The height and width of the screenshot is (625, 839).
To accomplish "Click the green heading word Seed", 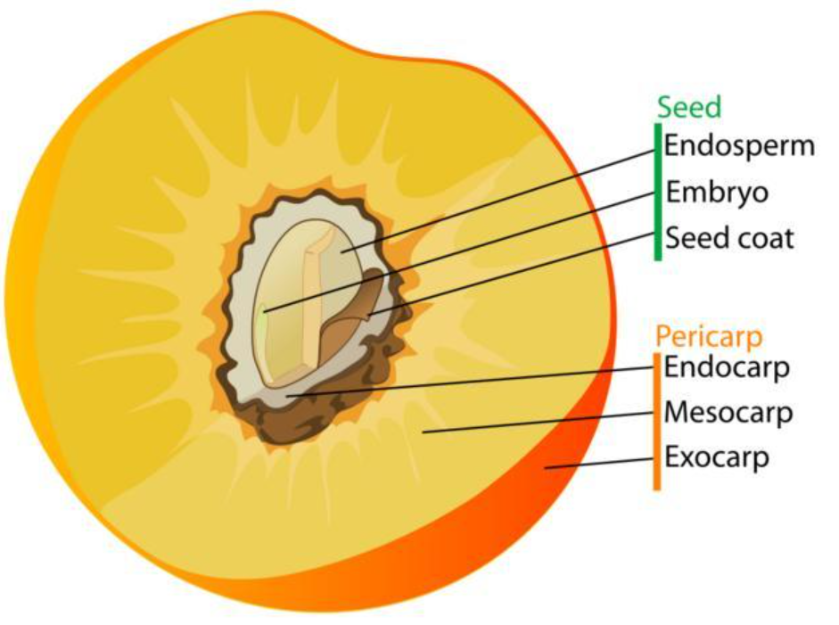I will pyautogui.click(x=689, y=107).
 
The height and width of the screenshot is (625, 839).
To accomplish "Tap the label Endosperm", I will pyautogui.click(x=739, y=145).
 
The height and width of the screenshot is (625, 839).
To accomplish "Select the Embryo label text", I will pyautogui.click(x=716, y=193).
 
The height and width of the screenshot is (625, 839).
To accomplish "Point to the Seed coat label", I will pyautogui.click(x=728, y=239).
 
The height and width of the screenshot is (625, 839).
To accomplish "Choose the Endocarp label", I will pyautogui.click(x=727, y=367).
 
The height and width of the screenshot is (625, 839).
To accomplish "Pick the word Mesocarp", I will pyautogui.click(x=728, y=413).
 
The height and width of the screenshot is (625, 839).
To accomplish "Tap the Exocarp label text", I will pyautogui.click(x=717, y=458).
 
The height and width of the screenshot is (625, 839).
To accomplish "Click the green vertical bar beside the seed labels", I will pyautogui.click(x=658, y=192).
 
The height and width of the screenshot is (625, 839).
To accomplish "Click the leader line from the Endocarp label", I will pyautogui.click(x=473, y=381).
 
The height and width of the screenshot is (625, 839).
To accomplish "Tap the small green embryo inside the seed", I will pyautogui.click(x=264, y=311).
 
